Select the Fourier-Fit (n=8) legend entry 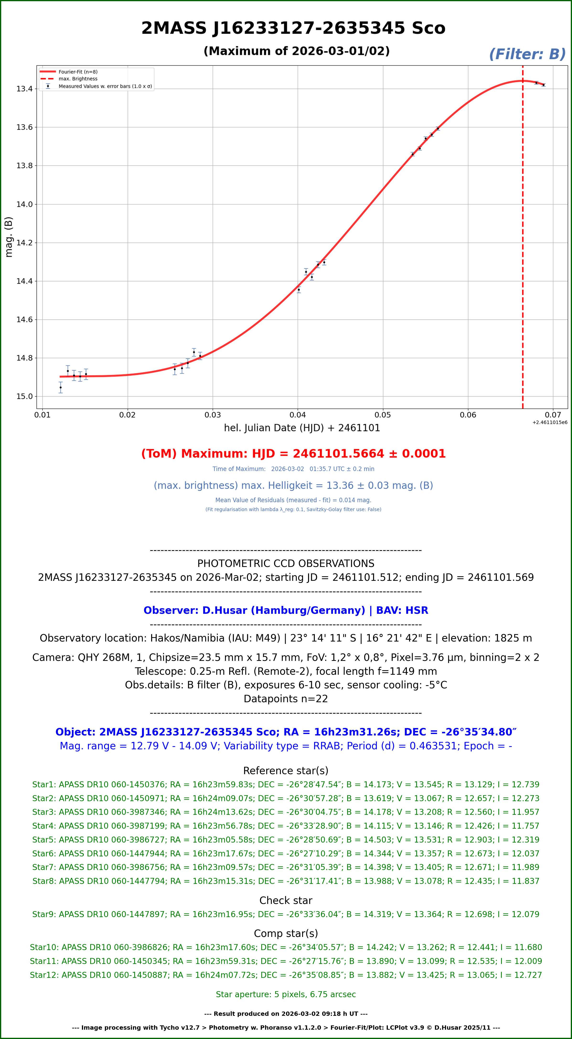coord(78,72)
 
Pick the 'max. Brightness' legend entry coord(78,79)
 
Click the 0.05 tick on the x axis coord(383,415)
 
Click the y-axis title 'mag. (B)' coord(8,237)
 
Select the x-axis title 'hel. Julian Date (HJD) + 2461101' coord(302,428)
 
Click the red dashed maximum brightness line coord(523,242)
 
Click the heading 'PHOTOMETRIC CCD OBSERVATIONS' coord(286,563)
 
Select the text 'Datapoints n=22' coord(286,699)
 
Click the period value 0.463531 coord(432,746)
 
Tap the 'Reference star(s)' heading coord(286,771)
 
